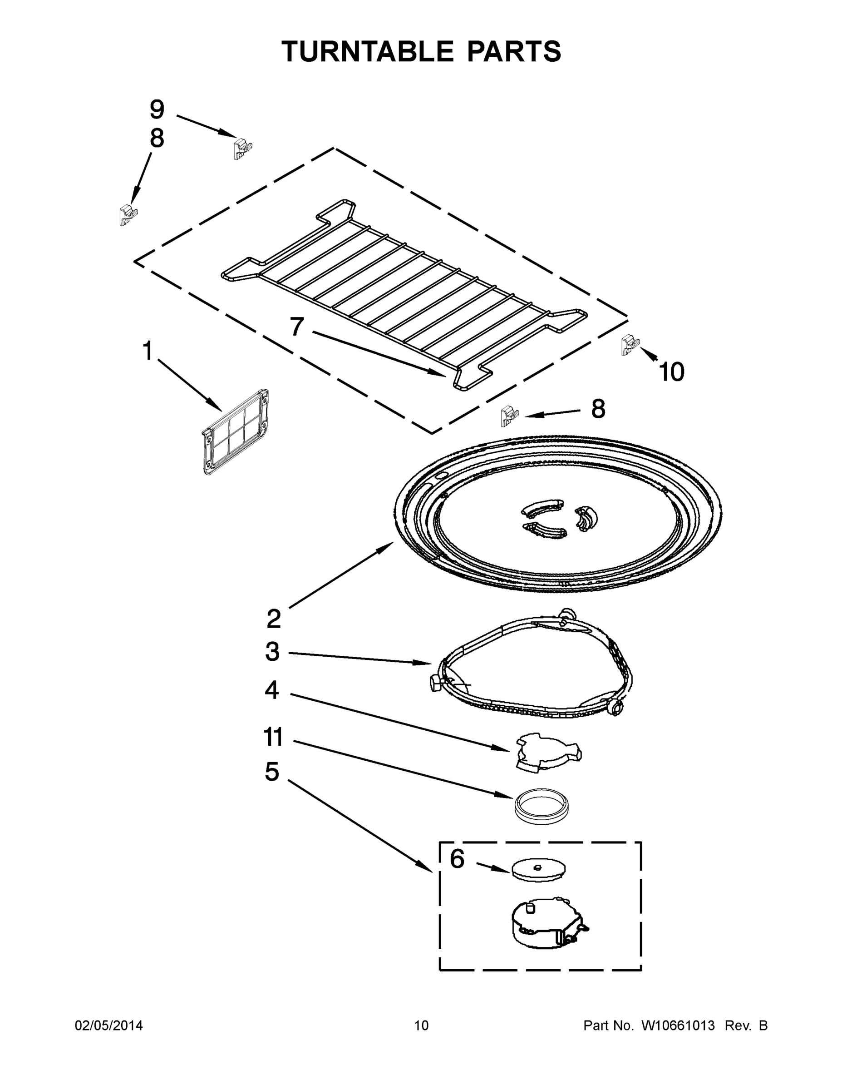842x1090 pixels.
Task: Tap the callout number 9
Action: click(157, 109)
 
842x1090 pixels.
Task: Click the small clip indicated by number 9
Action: click(242, 148)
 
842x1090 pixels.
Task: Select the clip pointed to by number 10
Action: click(630, 345)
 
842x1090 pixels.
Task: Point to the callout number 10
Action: click(671, 372)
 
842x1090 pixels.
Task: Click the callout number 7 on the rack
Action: click(297, 327)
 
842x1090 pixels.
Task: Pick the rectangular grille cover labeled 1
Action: click(236, 432)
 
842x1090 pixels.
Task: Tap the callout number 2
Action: click(273, 619)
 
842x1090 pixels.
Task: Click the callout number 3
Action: click(272, 652)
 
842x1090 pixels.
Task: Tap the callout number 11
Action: click(273, 738)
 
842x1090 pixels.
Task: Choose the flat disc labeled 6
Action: click(539, 869)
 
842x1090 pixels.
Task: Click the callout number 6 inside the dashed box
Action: click(457, 859)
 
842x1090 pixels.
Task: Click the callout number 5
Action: click(272, 772)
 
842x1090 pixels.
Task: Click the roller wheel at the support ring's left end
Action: click(434, 682)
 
